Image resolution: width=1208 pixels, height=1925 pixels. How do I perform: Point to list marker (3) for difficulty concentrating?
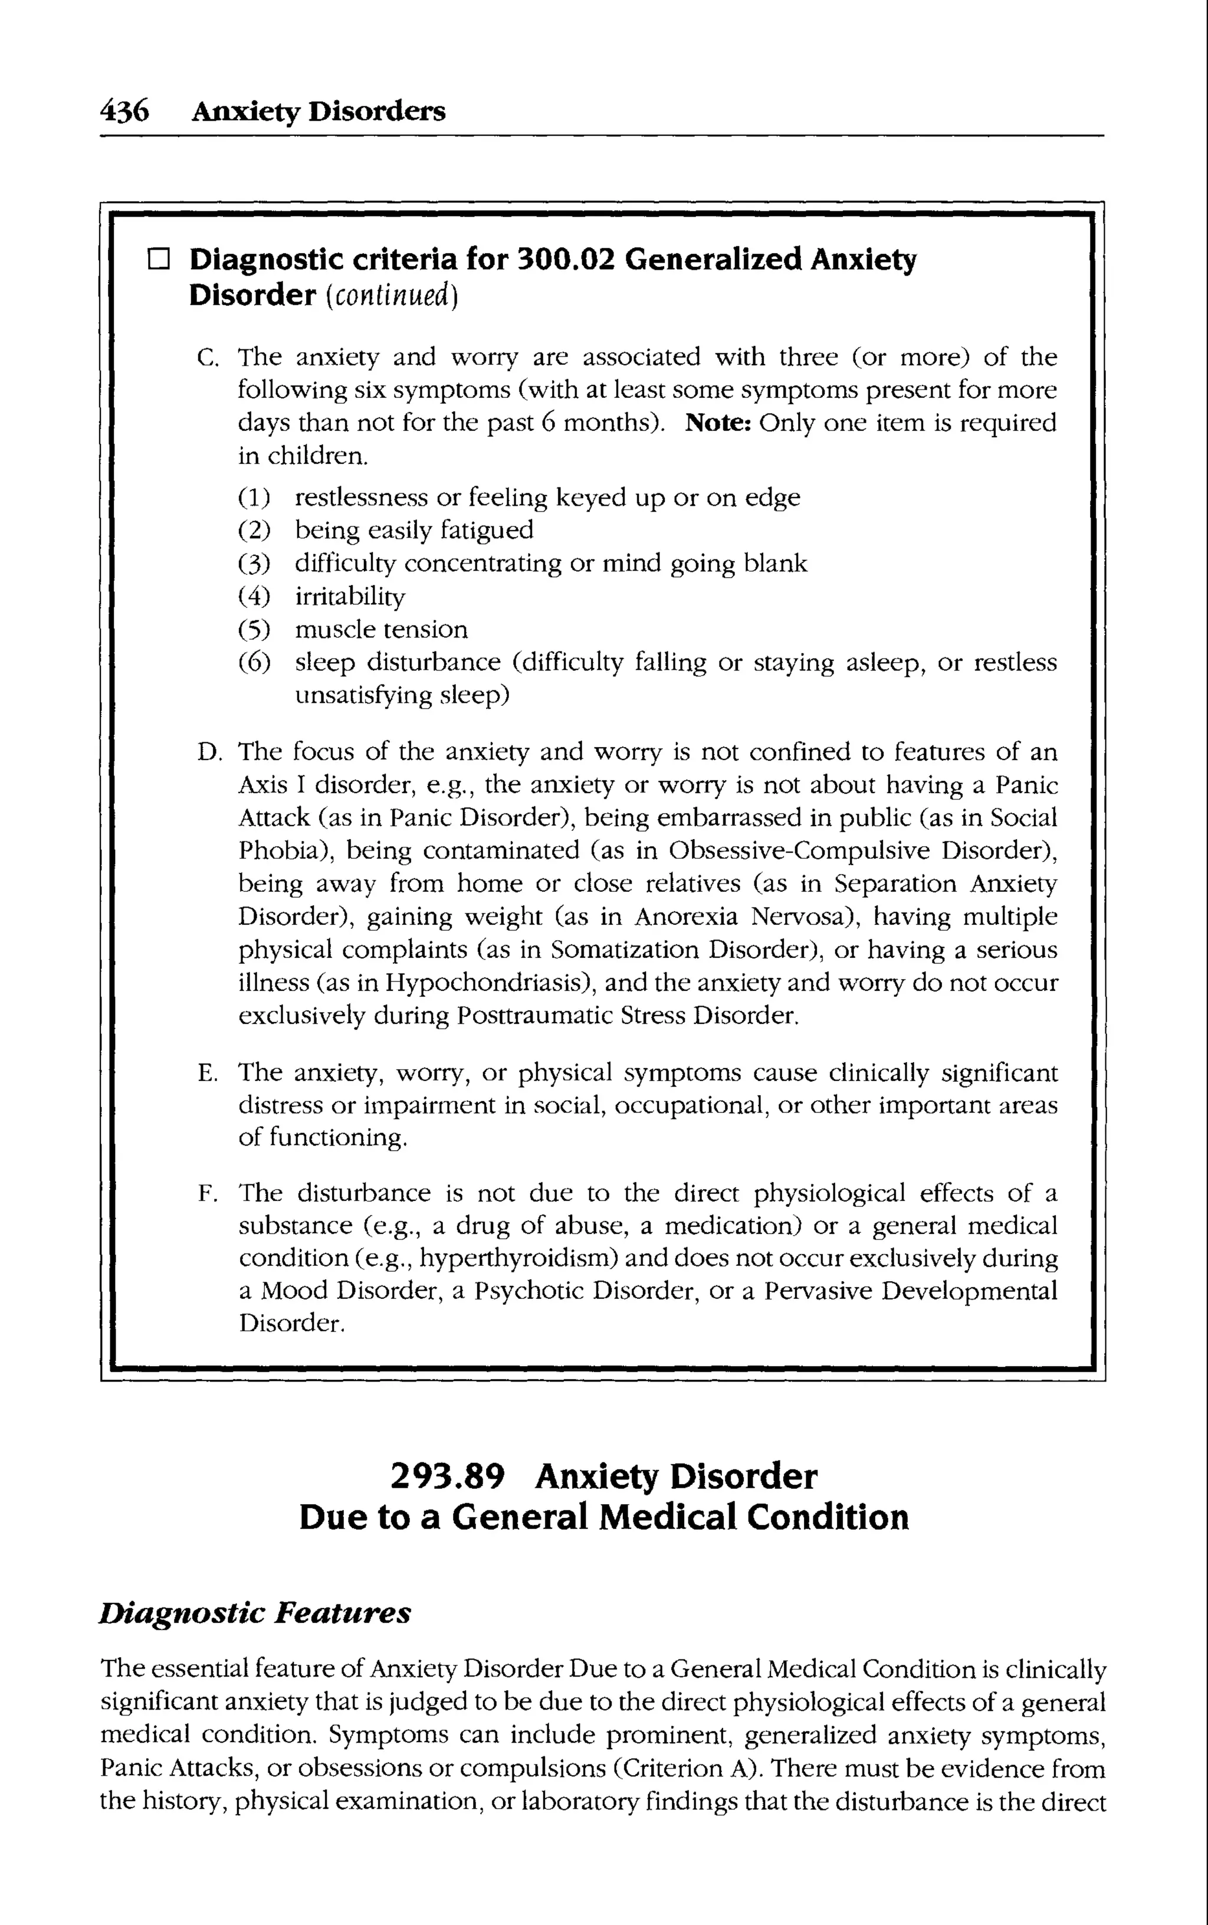[255, 564]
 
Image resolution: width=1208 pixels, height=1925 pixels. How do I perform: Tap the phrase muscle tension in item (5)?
[381, 630]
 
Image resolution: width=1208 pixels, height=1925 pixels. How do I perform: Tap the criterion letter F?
[206, 1194]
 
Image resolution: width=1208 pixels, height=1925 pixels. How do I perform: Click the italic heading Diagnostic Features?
[255, 1613]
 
